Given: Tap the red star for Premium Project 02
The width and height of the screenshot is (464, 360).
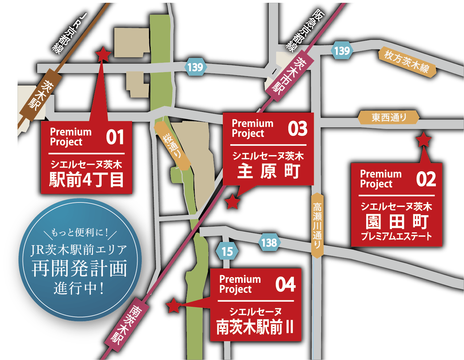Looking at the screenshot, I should pyautogui.click(x=424, y=140).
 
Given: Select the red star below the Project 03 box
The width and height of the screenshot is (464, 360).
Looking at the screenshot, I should pyautogui.click(x=233, y=202).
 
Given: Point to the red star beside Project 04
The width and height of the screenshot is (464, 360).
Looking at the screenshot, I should pyautogui.click(x=174, y=305).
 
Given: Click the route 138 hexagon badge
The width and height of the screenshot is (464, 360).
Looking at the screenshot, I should pyautogui.click(x=269, y=243).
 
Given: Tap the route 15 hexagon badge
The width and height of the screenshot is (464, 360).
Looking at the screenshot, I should pyautogui.click(x=227, y=252).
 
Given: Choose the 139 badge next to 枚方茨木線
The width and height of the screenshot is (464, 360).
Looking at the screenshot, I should pyautogui.click(x=342, y=51).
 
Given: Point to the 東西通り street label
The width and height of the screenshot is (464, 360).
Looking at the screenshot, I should pyautogui.click(x=388, y=118).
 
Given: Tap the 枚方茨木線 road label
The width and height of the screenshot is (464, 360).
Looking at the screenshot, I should pyautogui.click(x=407, y=62).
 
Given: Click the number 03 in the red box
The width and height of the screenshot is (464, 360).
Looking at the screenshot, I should pyautogui.click(x=297, y=129).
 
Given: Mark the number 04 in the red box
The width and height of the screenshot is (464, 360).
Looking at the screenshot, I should pyautogui.click(x=285, y=284).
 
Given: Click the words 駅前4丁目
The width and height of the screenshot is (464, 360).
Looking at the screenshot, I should pyautogui.click(x=86, y=179).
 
